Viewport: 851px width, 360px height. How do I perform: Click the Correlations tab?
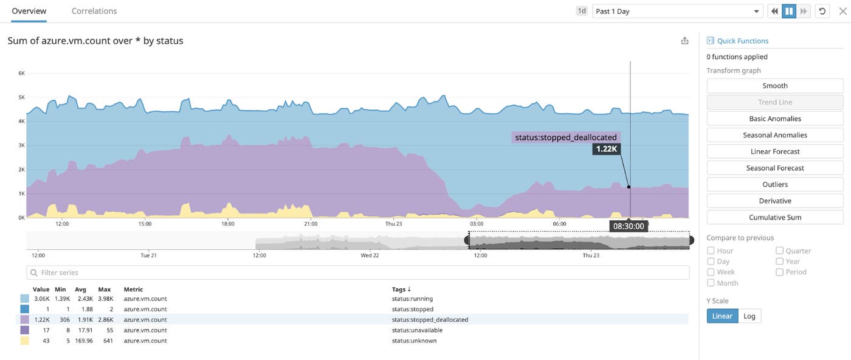coord(94,11)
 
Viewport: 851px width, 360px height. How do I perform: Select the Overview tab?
coord(29,11)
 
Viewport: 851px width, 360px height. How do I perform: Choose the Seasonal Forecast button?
coord(774,168)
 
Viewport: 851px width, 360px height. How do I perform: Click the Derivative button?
coord(774,201)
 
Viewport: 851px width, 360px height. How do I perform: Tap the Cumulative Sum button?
coord(774,217)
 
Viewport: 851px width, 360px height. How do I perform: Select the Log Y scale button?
coord(749,316)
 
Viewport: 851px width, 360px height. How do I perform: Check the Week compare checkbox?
coord(711,272)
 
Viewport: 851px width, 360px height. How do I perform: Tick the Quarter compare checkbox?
coord(779,251)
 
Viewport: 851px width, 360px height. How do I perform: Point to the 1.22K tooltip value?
coord(607,149)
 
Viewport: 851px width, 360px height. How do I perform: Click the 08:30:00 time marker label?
coord(629,226)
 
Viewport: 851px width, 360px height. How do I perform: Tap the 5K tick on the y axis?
coord(22,97)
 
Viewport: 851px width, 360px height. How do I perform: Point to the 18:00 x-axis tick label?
coord(227,224)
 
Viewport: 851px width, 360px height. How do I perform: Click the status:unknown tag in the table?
coord(415,341)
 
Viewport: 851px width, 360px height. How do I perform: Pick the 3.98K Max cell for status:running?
coord(105,299)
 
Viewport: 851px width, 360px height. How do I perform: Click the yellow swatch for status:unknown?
coord(24,341)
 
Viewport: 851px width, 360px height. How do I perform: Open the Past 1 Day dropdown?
coord(677,11)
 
